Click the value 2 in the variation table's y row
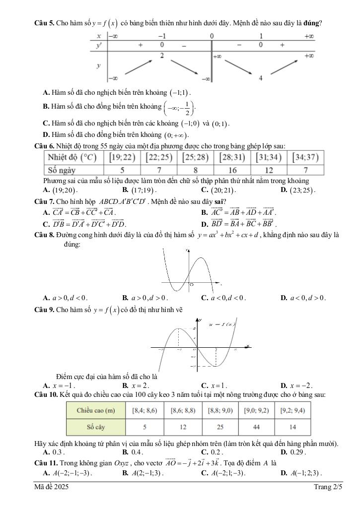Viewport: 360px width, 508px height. click(162, 56)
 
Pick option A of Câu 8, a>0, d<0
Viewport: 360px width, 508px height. click(65, 298)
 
